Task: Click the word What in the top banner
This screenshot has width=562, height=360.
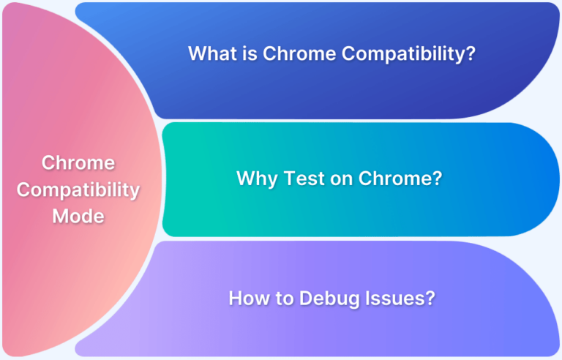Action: pyautogui.click(x=209, y=53)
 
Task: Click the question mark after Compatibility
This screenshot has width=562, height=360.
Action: pyautogui.click(x=460, y=53)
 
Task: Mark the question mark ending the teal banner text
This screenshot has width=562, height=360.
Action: pyautogui.click(x=437, y=178)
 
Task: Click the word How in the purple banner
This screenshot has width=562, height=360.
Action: pyautogui.click(x=247, y=298)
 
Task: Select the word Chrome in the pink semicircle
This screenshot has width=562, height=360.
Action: pyautogui.click(x=78, y=162)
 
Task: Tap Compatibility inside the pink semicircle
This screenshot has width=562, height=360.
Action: pyautogui.click(x=78, y=190)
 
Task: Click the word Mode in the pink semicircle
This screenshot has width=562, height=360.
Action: pyautogui.click(x=78, y=217)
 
